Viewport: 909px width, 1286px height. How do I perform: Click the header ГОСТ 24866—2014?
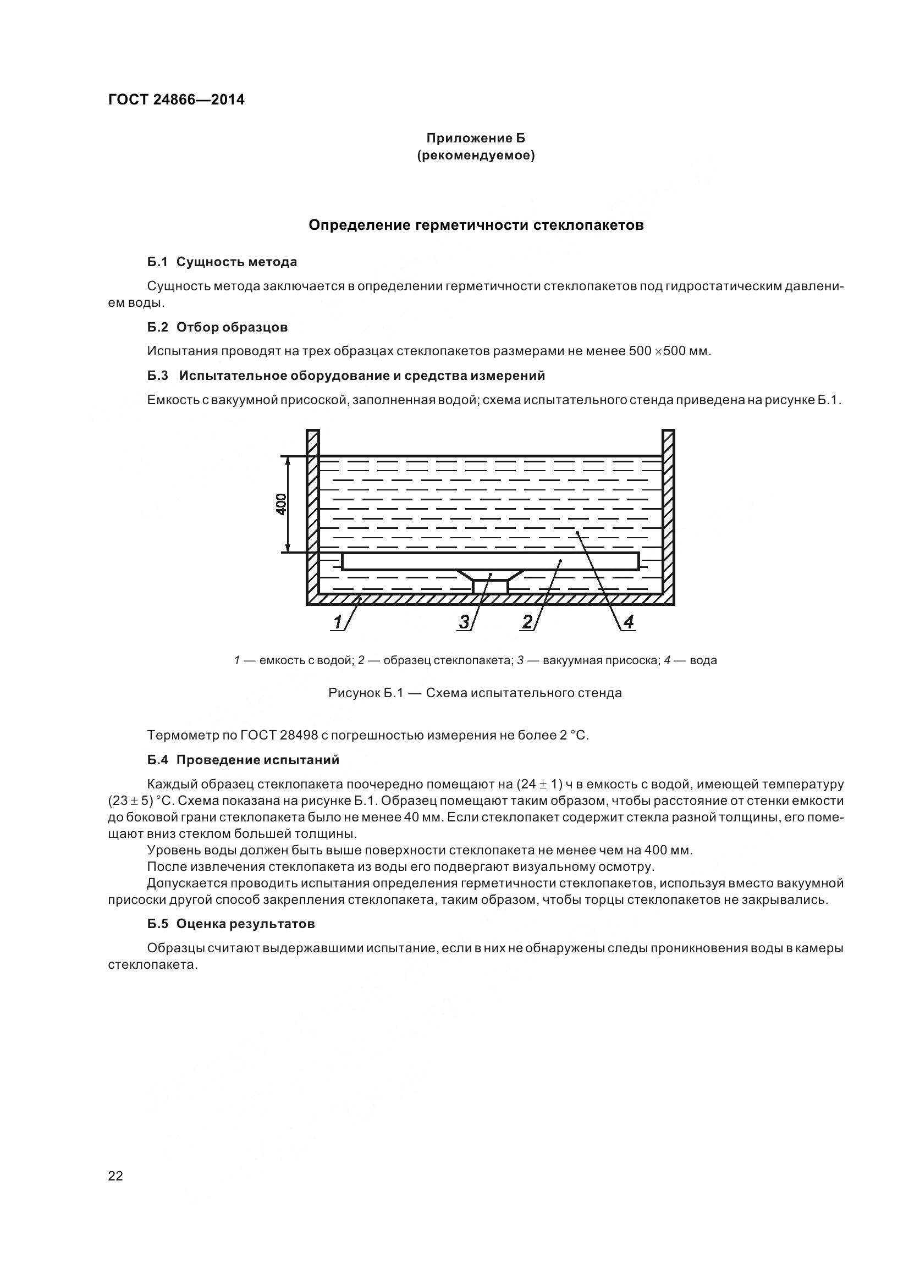pos(176,100)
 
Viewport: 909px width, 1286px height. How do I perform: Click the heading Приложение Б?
pos(476,138)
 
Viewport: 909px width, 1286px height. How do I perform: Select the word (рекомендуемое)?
pos(476,156)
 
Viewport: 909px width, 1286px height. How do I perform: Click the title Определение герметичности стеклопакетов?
pos(476,225)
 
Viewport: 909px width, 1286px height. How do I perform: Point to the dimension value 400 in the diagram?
pos(282,504)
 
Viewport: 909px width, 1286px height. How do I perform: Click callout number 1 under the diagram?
pos(338,622)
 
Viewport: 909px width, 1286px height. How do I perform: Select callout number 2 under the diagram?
pos(527,622)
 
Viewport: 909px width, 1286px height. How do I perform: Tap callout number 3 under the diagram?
pos(464,622)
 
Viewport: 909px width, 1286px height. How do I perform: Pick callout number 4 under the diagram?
pos(629,622)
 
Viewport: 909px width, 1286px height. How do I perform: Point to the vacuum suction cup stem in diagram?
pos(490,587)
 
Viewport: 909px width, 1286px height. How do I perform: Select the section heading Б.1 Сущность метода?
pos(222,262)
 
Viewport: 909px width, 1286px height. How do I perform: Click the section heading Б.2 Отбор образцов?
pos(218,327)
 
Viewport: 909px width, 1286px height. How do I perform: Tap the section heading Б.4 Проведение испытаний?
pos(244,760)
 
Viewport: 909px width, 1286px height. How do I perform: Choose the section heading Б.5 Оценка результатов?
pos(232,924)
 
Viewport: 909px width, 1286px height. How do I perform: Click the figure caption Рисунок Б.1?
pos(475,693)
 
